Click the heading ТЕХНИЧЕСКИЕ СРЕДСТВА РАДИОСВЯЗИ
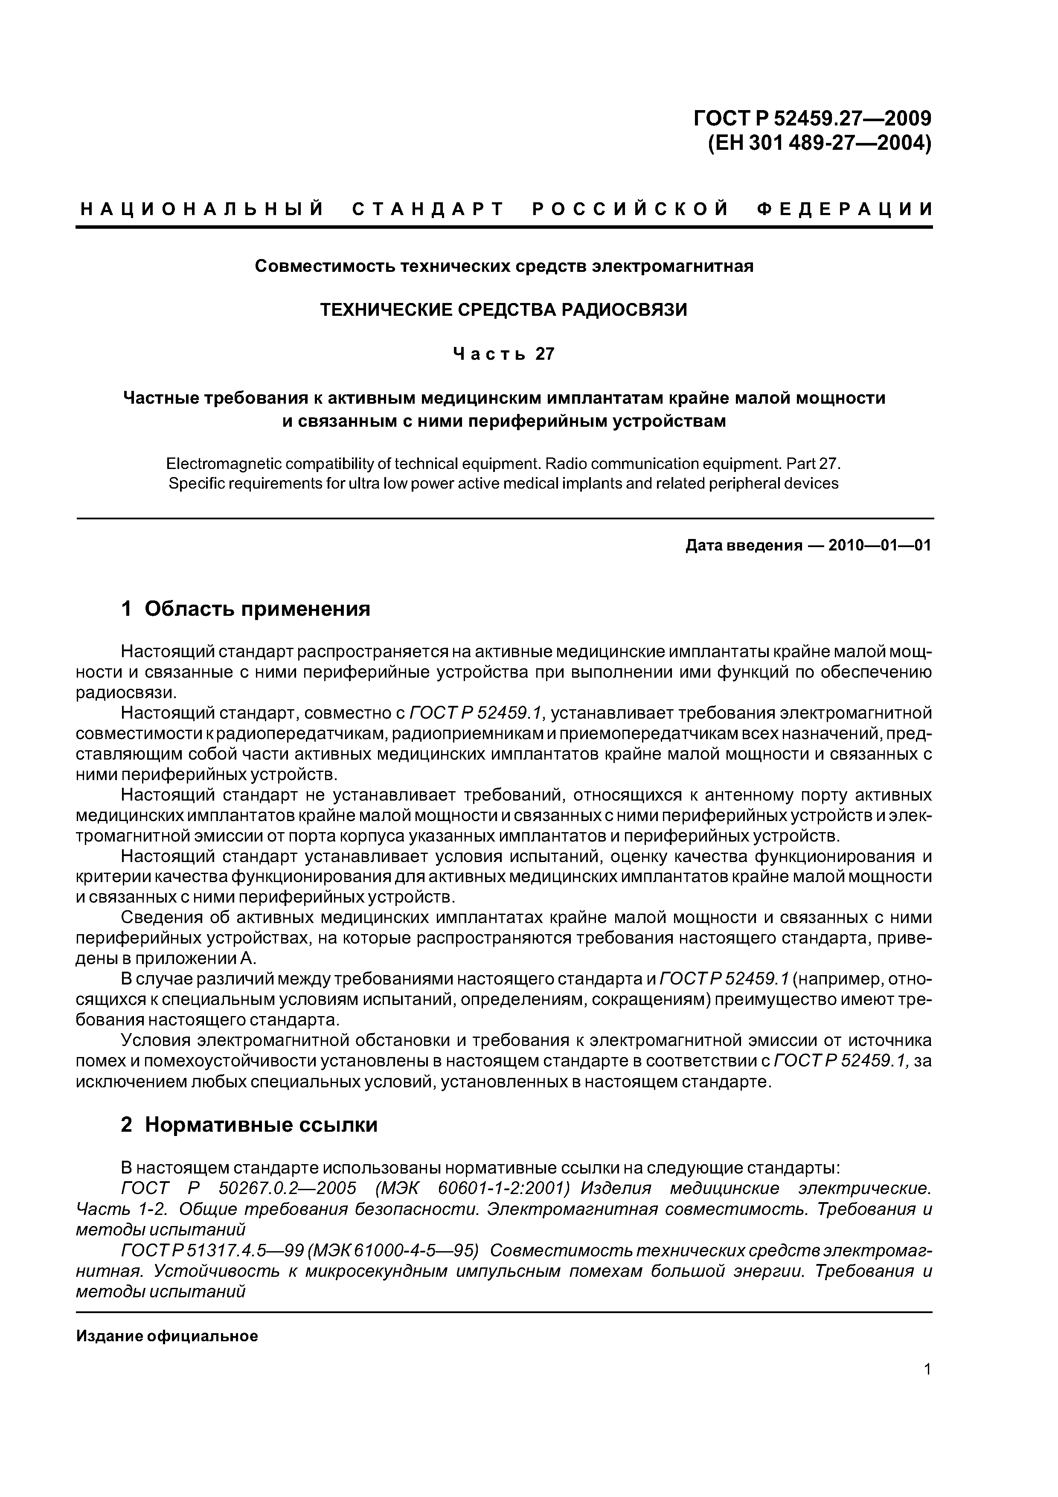(503, 310)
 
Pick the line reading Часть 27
(503, 354)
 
